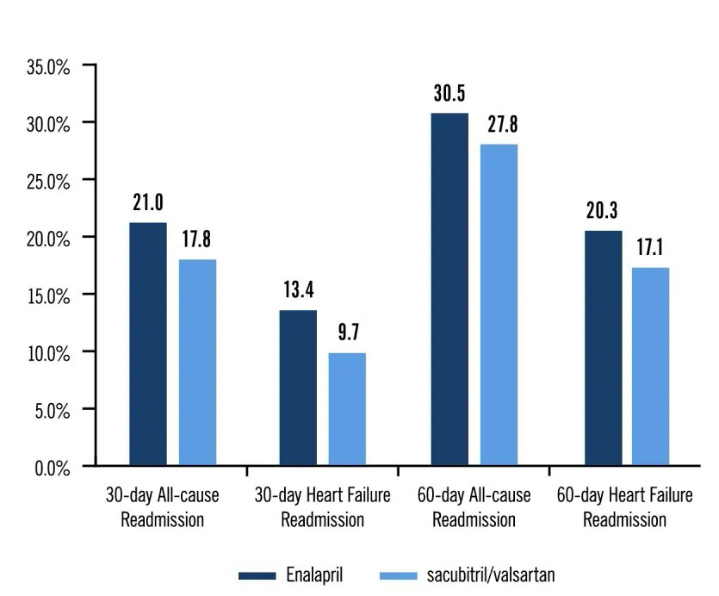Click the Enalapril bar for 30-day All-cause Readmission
(147, 344)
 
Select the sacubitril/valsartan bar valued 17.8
(197, 362)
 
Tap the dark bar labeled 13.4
(298, 388)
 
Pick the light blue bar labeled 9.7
(348, 409)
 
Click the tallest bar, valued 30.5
(449, 289)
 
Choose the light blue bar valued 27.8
(499, 305)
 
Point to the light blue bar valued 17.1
(651, 366)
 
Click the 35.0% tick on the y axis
(48, 65)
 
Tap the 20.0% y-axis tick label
(48, 238)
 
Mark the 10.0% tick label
(48, 352)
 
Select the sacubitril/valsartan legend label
(497, 574)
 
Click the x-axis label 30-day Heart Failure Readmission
(322, 507)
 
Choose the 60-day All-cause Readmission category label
(474, 507)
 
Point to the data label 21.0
(148, 203)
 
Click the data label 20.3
(601, 212)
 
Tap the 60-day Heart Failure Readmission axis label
(624, 507)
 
